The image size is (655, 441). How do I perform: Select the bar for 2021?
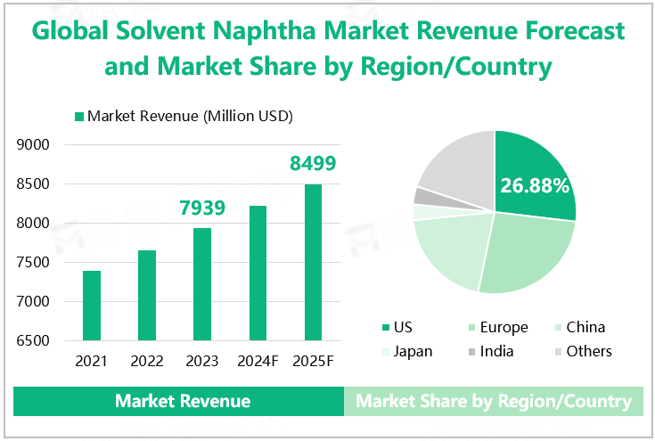pyautogui.click(x=92, y=306)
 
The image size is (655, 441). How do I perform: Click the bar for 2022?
pyautogui.click(x=147, y=295)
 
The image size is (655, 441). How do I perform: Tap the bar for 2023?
pyautogui.click(x=202, y=284)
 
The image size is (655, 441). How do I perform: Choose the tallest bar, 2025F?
pyautogui.click(x=313, y=262)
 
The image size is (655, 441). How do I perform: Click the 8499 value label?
pyautogui.click(x=313, y=164)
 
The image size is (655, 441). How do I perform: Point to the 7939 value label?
pyautogui.click(x=201, y=208)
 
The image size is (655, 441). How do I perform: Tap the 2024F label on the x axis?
pyautogui.click(x=258, y=362)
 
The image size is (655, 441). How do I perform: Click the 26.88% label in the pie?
pyautogui.click(x=535, y=186)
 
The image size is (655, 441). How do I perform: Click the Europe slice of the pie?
pyautogui.click(x=526, y=254)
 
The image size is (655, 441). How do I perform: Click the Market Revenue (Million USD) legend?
pyautogui.click(x=183, y=117)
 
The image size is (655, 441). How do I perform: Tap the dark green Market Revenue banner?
pyautogui.click(x=182, y=401)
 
